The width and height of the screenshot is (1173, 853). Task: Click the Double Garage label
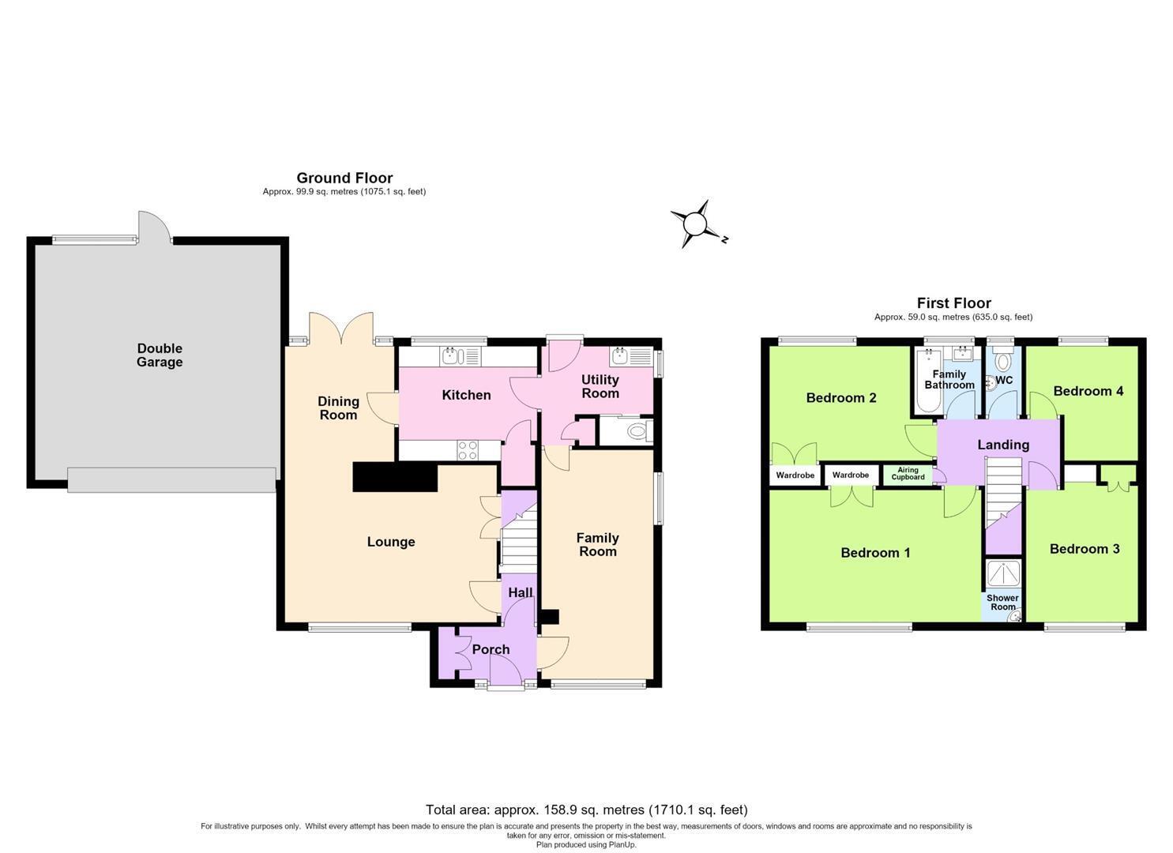point(160,355)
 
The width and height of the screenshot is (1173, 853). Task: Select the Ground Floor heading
point(344,178)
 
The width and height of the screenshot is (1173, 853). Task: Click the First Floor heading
point(953,303)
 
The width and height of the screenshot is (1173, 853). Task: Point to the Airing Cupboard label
point(908,473)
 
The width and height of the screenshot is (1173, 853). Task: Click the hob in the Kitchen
point(467,450)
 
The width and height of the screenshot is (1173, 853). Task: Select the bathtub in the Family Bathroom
point(928,381)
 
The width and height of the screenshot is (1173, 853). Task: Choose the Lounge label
point(391,542)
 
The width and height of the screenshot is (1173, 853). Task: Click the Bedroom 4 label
point(1088,391)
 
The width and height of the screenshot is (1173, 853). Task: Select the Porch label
point(491,650)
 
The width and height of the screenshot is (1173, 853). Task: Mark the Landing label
point(1003,445)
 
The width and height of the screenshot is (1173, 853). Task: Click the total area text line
point(586,810)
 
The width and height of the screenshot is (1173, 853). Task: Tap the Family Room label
point(597,545)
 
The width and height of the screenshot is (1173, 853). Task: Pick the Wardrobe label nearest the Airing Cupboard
point(851,475)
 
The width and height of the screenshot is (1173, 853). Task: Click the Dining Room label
point(338,408)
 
